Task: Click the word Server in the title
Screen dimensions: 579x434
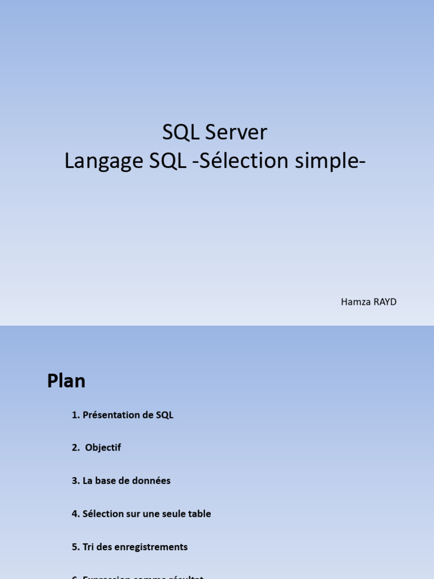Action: (236, 132)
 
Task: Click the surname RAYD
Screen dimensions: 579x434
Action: (385, 302)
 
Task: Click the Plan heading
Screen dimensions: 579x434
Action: (66, 381)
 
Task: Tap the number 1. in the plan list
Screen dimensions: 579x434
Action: (76, 415)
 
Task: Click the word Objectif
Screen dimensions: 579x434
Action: (103, 448)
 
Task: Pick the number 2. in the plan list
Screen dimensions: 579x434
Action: (76, 448)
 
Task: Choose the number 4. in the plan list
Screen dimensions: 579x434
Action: (76, 514)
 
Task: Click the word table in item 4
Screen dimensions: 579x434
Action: (199, 514)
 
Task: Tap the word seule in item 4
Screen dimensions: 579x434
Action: (172, 514)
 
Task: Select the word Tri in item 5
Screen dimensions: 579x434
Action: (88, 547)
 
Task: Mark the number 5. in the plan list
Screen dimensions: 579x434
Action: (76, 547)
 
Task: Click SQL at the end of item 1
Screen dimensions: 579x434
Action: (164, 415)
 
